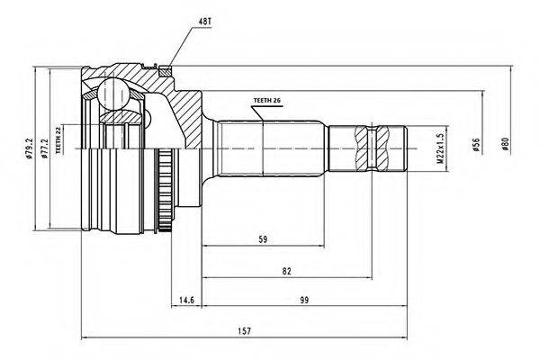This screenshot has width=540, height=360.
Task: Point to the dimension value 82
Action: click(285, 271)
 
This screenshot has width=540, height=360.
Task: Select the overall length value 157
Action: click(244, 331)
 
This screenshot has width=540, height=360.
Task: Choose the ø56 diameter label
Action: click(474, 144)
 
